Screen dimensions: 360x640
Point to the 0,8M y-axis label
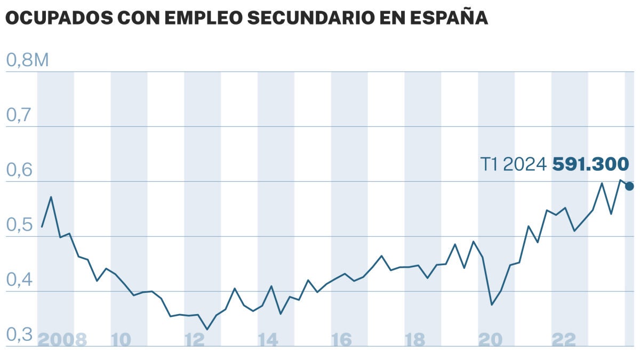[27, 60]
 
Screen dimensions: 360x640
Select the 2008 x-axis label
[62, 340]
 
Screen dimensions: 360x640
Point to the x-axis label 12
[195, 340]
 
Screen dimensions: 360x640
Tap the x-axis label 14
[268, 340]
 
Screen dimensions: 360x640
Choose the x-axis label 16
[342, 340]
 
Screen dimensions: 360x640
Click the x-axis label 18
[415, 340]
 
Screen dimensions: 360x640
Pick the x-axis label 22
[563, 340]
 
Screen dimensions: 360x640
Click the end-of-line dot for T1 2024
[629, 186]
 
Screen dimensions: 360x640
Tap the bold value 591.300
[590, 164]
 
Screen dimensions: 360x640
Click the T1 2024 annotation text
[514, 164]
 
